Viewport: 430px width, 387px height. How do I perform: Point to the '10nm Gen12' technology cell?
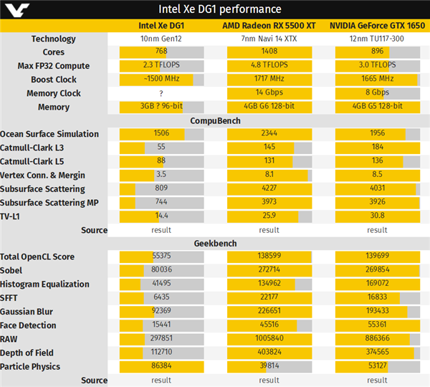click(x=161, y=39)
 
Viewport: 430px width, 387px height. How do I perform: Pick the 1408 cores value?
click(x=269, y=52)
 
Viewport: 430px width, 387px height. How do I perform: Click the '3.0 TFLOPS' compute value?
click(x=377, y=66)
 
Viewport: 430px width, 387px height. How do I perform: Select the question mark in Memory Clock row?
click(x=161, y=93)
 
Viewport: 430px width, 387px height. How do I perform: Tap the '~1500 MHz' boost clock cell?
click(x=161, y=80)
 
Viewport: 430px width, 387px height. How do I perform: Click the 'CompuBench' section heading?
click(x=214, y=120)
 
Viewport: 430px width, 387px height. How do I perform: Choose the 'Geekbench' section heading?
click(x=214, y=243)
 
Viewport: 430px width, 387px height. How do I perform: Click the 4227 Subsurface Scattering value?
click(x=269, y=189)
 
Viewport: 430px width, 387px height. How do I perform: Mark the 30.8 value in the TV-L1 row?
click(x=377, y=216)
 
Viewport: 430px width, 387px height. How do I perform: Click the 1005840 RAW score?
click(x=269, y=339)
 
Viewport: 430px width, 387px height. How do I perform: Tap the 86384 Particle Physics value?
click(x=161, y=366)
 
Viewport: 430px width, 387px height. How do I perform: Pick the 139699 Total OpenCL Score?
click(x=377, y=257)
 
